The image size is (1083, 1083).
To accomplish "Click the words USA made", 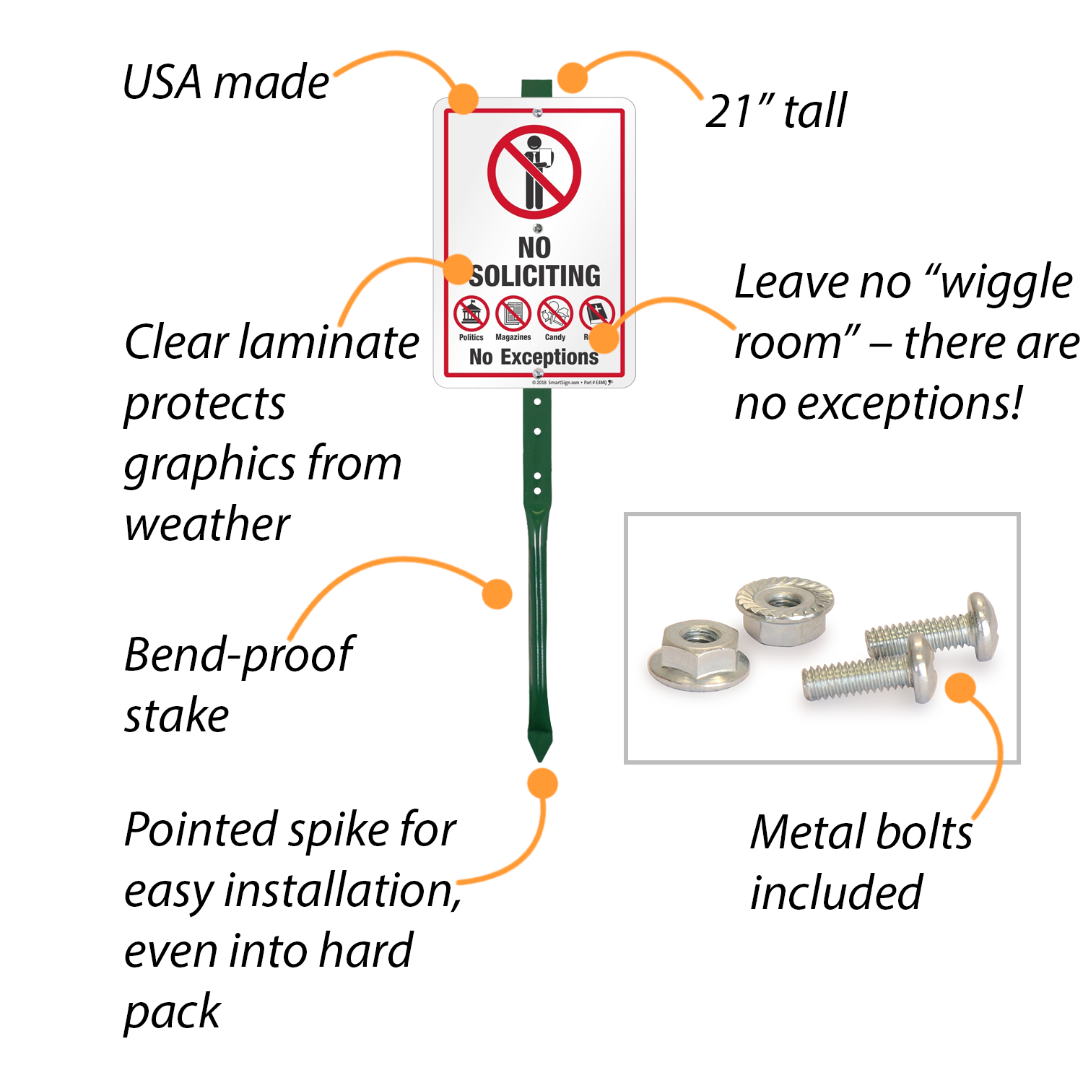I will [x=225, y=82].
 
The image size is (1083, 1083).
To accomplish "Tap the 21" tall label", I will [x=775, y=111].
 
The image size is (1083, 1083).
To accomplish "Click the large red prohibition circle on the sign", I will [x=534, y=172].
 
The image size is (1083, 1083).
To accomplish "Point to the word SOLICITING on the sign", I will [x=536, y=276].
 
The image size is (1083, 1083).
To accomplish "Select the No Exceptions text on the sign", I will [x=534, y=357].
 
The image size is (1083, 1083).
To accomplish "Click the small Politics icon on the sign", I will [x=471, y=314].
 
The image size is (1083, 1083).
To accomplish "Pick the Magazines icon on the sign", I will [x=513, y=314].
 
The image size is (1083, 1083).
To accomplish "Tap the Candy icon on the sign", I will [x=555, y=314].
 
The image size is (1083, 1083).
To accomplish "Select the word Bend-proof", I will [x=239, y=655].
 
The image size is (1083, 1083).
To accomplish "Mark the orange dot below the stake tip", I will [x=542, y=783].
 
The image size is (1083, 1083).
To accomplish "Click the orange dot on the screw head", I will [x=960, y=688].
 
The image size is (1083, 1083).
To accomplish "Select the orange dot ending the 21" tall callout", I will [x=572, y=77].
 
